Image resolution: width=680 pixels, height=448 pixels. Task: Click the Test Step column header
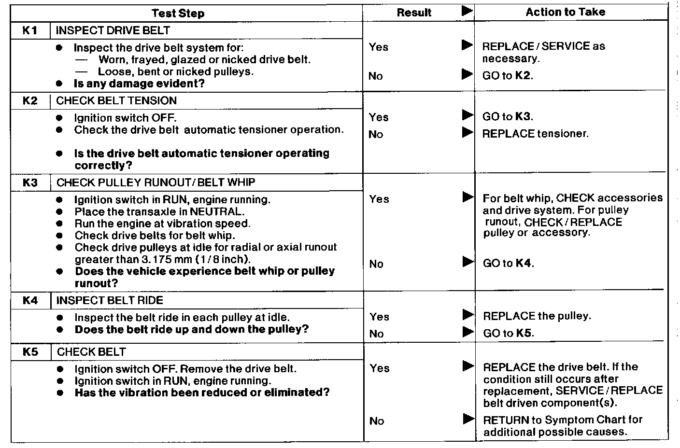178,13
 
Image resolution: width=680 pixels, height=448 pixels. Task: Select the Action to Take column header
565,12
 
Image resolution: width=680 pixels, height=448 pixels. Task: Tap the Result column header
414,13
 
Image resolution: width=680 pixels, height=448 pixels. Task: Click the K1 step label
30,31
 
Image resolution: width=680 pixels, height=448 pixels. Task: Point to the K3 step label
30,183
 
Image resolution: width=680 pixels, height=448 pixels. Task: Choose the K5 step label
30,352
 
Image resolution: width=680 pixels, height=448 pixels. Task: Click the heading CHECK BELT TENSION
116,101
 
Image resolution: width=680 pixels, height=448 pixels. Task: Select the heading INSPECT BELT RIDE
110,300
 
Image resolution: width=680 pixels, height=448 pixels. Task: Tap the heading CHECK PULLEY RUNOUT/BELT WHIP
156,182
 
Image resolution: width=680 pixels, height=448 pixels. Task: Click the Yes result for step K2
379,117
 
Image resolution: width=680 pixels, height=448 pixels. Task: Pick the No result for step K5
377,421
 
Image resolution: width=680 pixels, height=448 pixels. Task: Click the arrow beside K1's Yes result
467,45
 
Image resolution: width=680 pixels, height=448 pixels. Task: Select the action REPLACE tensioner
535,134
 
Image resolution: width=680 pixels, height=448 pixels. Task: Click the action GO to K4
509,264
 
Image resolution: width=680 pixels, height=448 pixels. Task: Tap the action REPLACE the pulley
537,316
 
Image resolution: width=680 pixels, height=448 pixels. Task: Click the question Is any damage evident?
139,84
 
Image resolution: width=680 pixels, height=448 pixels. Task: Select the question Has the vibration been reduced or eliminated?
202,392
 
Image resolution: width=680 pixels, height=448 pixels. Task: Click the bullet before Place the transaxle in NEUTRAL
59,212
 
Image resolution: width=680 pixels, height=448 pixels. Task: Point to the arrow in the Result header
467,11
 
